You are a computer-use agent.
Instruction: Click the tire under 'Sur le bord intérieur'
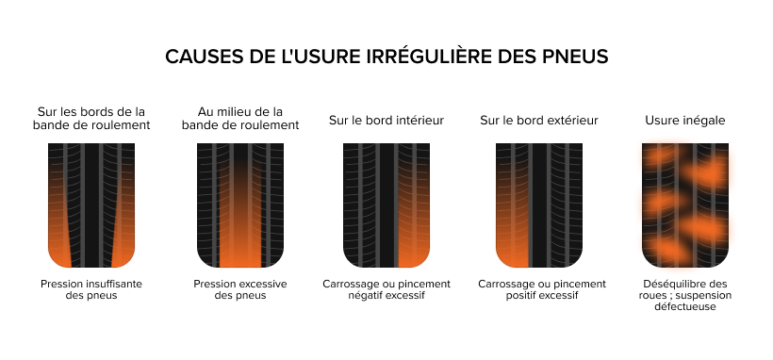pyautogui.click(x=386, y=205)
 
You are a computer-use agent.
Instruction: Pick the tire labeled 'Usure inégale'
pyautogui.click(x=685, y=205)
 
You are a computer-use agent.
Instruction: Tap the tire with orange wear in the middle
pyautogui.click(x=240, y=205)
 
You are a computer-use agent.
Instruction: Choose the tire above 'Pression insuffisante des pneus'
pyautogui.click(x=91, y=205)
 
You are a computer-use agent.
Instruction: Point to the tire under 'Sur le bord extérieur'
pyautogui.click(x=539, y=205)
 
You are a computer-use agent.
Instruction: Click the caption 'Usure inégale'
pyautogui.click(x=685, y=121)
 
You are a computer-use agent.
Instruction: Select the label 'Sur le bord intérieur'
pyautogui.click(x=386, y=121)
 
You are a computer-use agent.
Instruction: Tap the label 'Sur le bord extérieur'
pyautogui.click(x=539, y=121)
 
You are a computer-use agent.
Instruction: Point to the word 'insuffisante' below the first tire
pyautogui.click(x=114, y=284)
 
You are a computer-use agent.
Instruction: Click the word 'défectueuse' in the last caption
pyautogui.click(x=685, y=306)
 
